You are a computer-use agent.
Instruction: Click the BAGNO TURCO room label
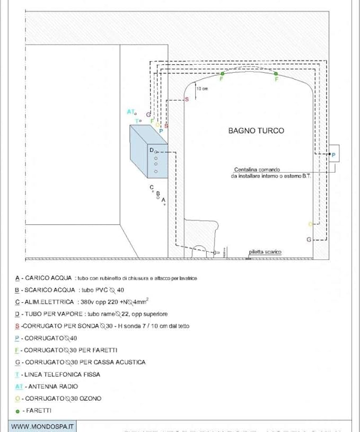click(x=256, y=130)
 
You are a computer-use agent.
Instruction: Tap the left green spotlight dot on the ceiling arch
click(x=222, y=74)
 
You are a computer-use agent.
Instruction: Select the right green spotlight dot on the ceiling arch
click(x=276, y=74)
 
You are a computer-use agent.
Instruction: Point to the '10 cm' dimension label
click(x=202, y=89)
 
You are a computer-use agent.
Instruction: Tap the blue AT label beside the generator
click(x=130, y=112)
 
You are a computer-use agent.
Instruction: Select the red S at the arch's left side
click(x=187, y=99)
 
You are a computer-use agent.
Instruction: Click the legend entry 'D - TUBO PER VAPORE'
click(x=91, y=314)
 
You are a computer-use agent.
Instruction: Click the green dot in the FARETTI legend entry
click(x=17, y=411)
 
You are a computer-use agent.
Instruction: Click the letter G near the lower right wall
click(x=309, y=240)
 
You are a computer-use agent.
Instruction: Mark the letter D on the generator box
click(x=151, y=151)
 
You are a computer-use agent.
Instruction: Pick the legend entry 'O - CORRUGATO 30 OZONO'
click(x=58, y=399)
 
